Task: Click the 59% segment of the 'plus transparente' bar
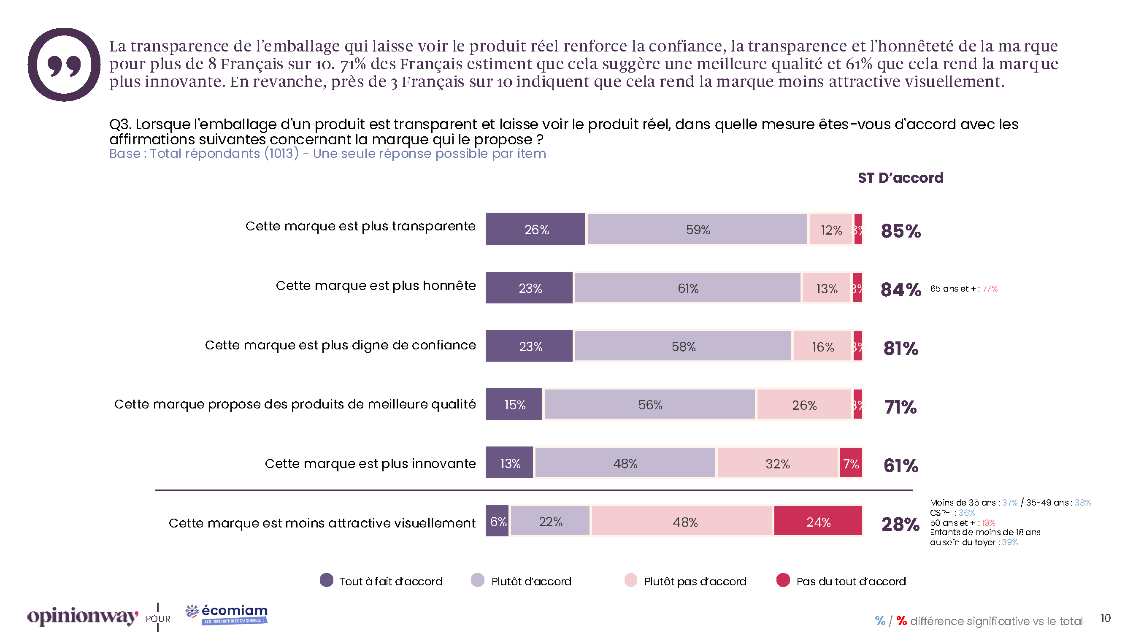click(697, 229)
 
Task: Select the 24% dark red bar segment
click(817, 521)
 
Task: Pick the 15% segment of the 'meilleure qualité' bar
click(514, 405)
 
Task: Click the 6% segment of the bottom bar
click(497, 521)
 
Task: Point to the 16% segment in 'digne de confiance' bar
click(822, 346)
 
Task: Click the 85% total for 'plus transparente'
click(900, 231)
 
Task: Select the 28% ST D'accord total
click(900, 523)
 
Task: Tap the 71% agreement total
click(900, 407)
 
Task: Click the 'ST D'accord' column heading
click(900, 178)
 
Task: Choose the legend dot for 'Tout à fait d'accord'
click(326, 580)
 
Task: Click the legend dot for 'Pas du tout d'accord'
click(783, 580)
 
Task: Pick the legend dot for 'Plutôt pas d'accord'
click(630, 580)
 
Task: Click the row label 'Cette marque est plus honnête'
click(376, 286)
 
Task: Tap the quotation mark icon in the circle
click(64, 65)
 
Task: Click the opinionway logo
click(83, 616)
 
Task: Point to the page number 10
click(1105, 618)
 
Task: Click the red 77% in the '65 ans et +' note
click(990, 289)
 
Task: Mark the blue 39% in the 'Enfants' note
click(1010, 542)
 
